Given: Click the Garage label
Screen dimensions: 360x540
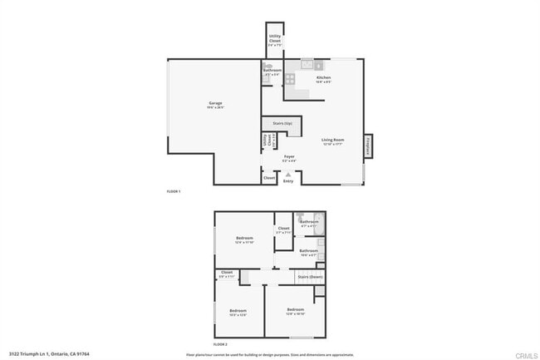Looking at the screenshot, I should tap(215, 106).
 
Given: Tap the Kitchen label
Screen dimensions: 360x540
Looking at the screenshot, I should tap(323, 79).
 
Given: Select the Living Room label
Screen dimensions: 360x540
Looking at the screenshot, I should tap(332, 141).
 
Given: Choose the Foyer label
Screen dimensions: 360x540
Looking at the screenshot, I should tap(289, 157).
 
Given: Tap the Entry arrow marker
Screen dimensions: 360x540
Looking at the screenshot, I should tap(288, 174).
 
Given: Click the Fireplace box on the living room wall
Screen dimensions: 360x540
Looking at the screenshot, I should tap(367, 145).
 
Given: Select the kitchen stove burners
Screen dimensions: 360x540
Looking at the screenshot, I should tap(290, 79).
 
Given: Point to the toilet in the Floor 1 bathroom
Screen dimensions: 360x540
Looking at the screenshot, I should tap(268, 66).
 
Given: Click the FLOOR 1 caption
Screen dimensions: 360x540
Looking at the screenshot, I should tap(174, 192).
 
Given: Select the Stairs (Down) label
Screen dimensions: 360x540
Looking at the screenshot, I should tap(310, 276).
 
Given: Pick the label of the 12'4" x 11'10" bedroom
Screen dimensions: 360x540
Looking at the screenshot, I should tap(243, 239).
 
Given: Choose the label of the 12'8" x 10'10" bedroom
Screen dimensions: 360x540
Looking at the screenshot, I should tap(295, 311).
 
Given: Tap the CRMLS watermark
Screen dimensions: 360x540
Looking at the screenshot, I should tap(525, 354).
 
